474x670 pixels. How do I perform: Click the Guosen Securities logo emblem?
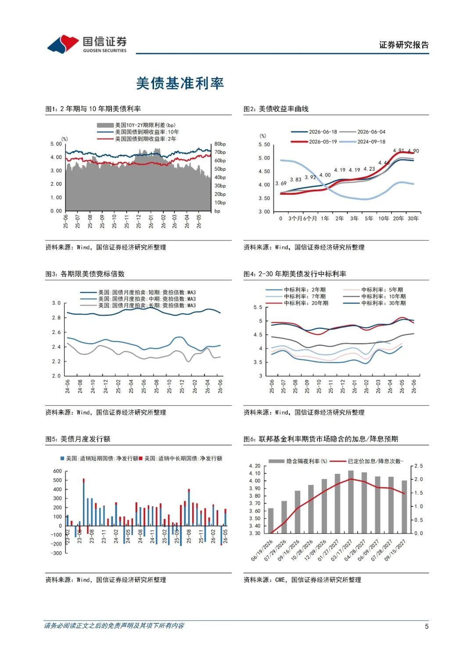pos(63,44)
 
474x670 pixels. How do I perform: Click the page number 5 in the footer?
pos(427,626)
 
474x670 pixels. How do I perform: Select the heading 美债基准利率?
pos(180,83)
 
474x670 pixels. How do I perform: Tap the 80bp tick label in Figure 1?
pos(220,144)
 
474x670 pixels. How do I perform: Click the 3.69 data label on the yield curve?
pos(281,183)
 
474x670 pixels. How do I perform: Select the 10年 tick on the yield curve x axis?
pos(384,219)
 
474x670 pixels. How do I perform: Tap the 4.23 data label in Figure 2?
pos(369,169)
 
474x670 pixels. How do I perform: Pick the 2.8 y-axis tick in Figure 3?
pos(56,318)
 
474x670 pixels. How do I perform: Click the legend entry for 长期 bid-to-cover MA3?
pos(138,305)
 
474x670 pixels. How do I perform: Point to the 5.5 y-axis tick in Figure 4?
pos(258,307)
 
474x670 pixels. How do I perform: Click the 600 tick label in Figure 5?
pos(57,471)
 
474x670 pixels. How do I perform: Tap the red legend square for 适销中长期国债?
pos(140,458)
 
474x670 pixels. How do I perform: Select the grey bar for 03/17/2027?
pos(351,502)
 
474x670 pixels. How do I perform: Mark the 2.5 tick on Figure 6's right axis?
pos(419,466)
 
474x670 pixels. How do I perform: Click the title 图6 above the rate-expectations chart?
pos(320,439)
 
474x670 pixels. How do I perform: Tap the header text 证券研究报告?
pos(404,45)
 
